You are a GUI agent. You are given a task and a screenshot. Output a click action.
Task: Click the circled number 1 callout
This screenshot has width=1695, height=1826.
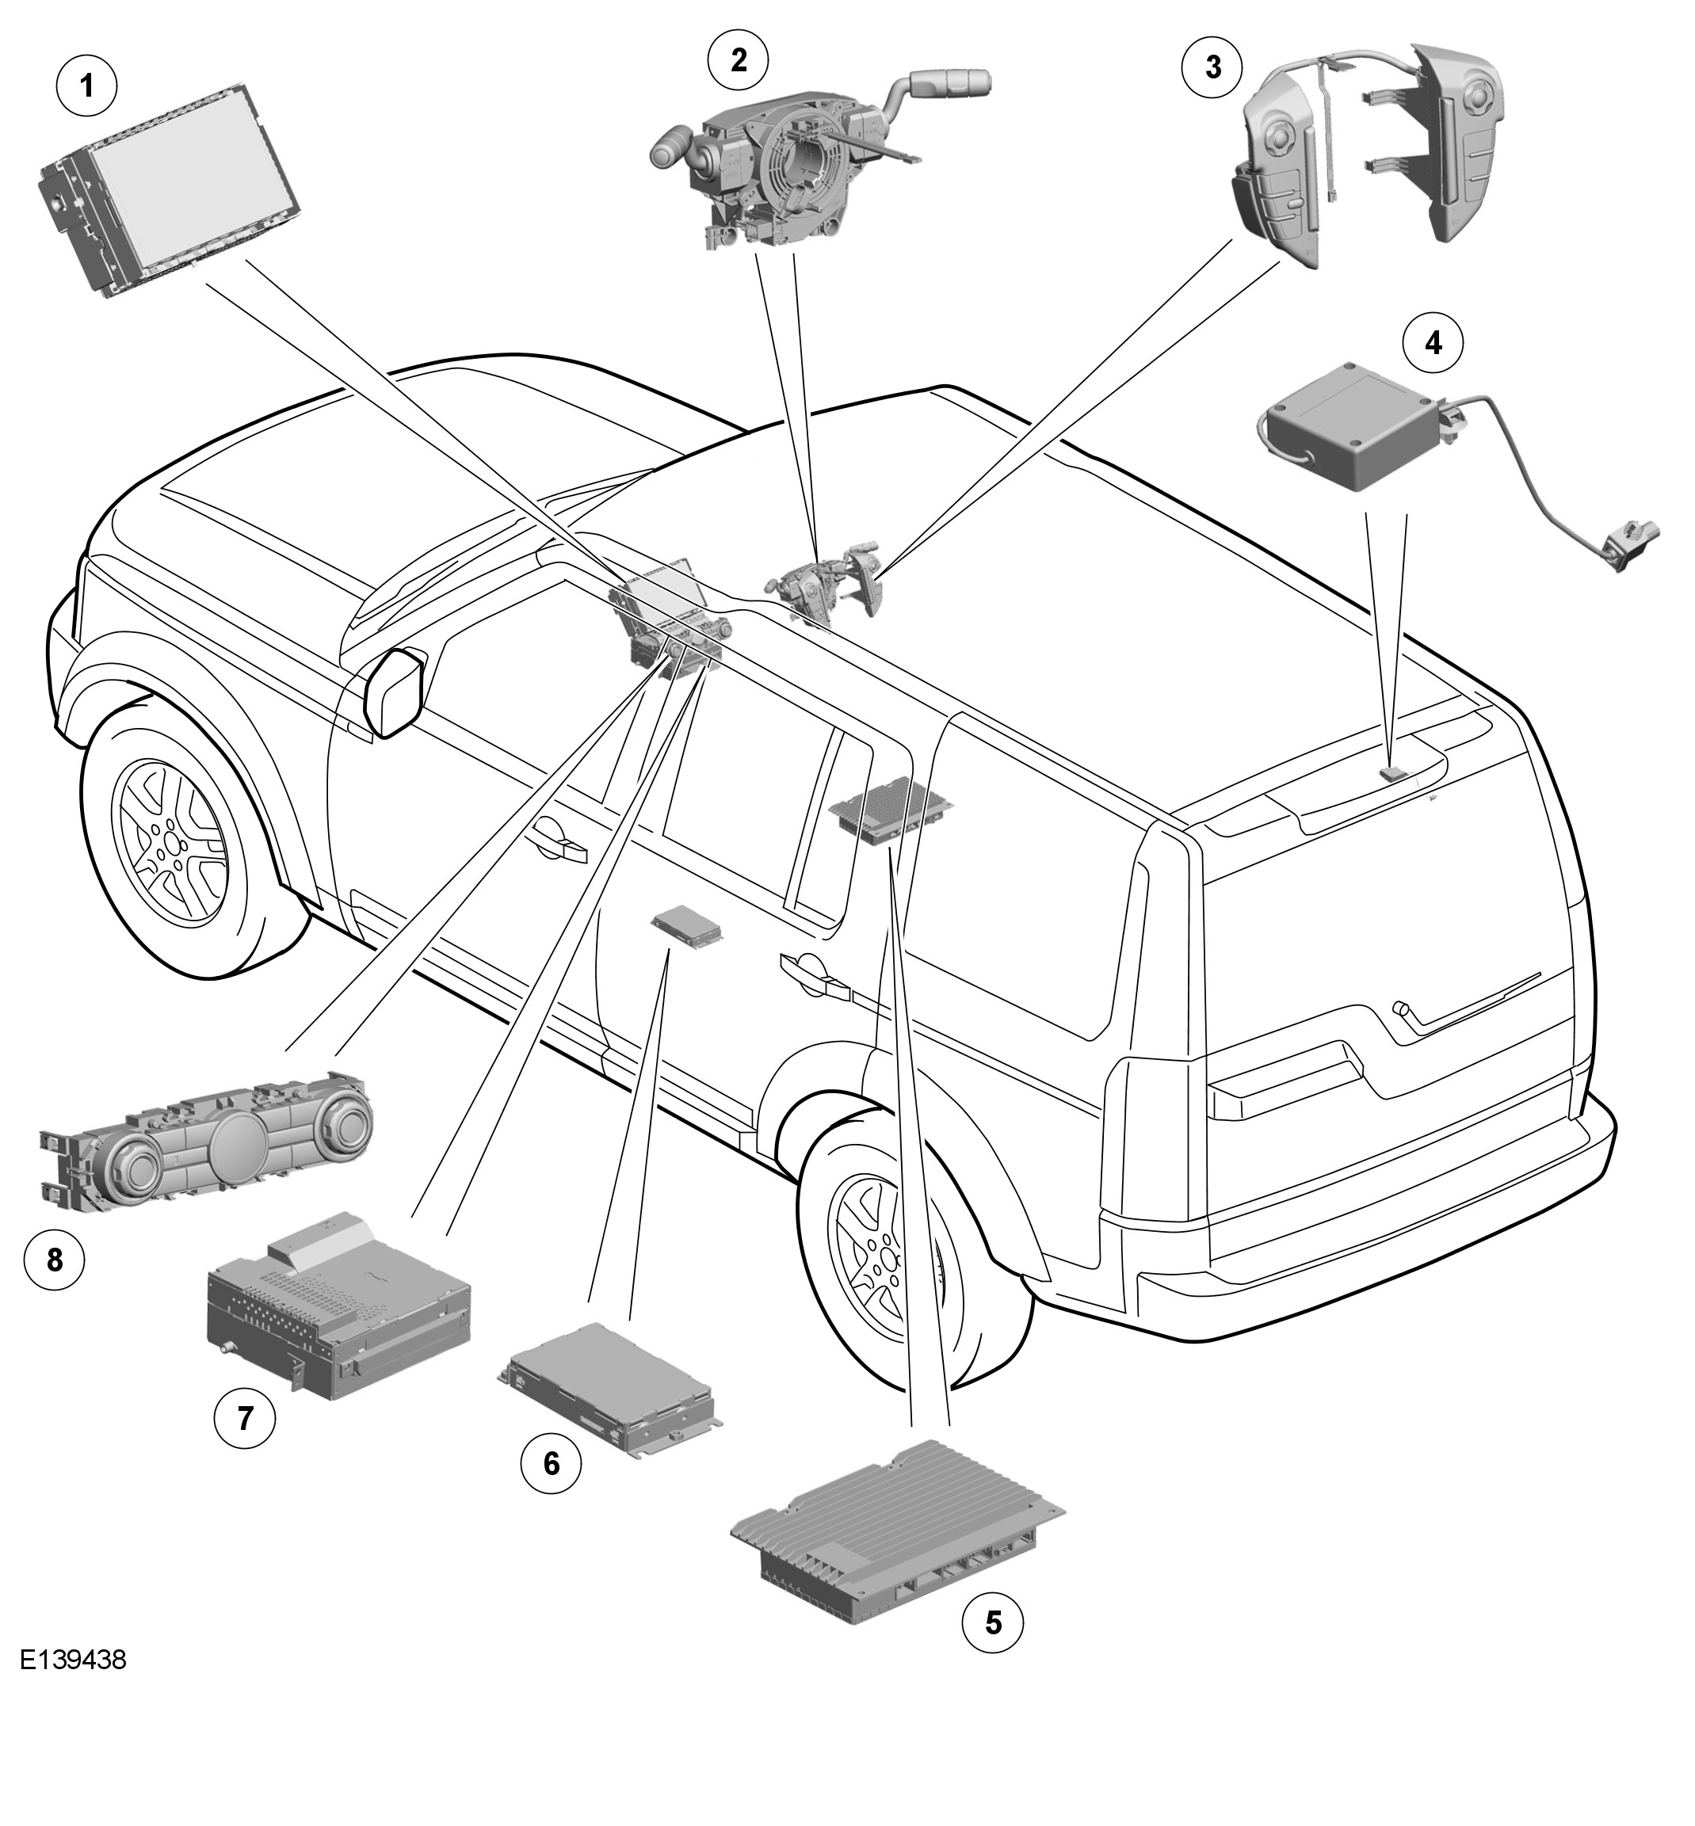coord(87,87)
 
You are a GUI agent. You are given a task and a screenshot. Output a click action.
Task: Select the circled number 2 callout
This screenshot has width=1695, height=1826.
coord(739,59)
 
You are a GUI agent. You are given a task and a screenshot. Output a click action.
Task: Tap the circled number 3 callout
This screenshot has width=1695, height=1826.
coord(1212,67)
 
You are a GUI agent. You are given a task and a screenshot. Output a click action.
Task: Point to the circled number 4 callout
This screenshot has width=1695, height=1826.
coord(1433,343)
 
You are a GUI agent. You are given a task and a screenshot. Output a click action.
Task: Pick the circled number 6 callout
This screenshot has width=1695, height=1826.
coord(552,1463)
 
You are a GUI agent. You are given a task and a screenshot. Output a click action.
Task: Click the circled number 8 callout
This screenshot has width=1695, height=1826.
coord(54,1261)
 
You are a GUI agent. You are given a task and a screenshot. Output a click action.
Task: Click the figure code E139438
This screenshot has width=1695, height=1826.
coord(74,1687)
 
